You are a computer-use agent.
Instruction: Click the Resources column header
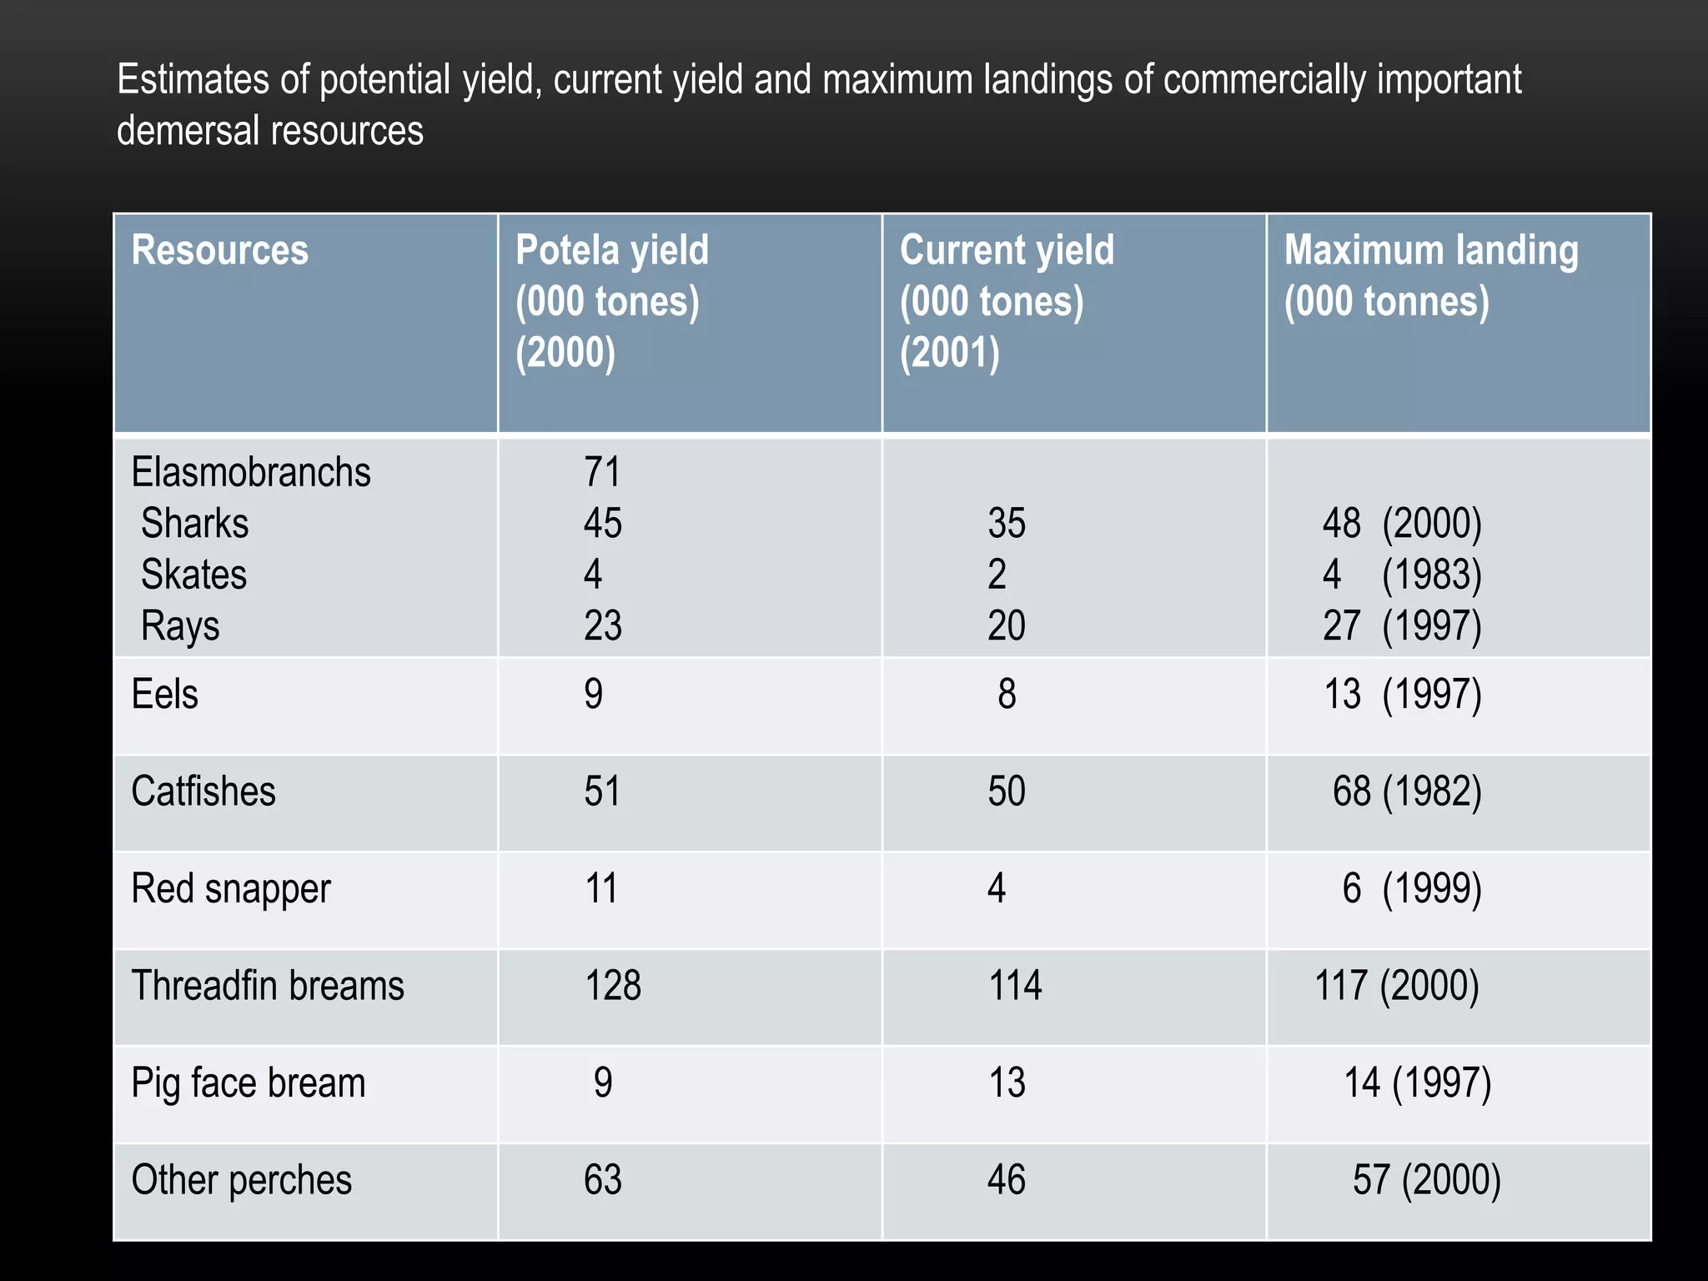pyautogui.click(x=220, y=250)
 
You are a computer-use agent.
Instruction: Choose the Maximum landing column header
pyautogui.click(x=1431, y=275)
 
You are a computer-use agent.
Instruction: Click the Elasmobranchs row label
pyautogui.click(x=251, y=472)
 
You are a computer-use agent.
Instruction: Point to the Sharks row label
pyautogui.click(x=194, y=524)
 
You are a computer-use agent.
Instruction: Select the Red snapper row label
pyautogui.click(x=231, y=889)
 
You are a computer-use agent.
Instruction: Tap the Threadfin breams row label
pyautogui.click(x=268, y=986)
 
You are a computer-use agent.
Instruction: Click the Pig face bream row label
pyautogui.click(x=249, y=1083)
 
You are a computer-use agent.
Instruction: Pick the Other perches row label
pyautogui.click(x=242, y=1180)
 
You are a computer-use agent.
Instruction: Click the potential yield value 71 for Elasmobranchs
pyautogui.click(x=602, y=472)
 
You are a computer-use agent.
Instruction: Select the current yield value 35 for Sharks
pyautogui.click(x=1007, y=524)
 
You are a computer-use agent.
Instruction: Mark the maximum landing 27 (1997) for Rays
pyautogui.click(x=1402, y=625)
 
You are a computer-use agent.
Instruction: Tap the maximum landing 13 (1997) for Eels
pyautogui.click(x=1402, y=694)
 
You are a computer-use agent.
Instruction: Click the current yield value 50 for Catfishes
pyautogui.click(x=1007, y=791)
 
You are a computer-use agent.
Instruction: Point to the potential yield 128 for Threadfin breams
pyautogui.click(x=613, y=986)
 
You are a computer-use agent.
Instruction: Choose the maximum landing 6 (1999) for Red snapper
pyautogui.click(x=1411, y=889)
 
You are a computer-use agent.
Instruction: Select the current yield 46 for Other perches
pyautogui.click(x=1007, y=1180)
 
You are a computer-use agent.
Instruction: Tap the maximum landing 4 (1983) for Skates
pyautogui.click(x=1402, y=575)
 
